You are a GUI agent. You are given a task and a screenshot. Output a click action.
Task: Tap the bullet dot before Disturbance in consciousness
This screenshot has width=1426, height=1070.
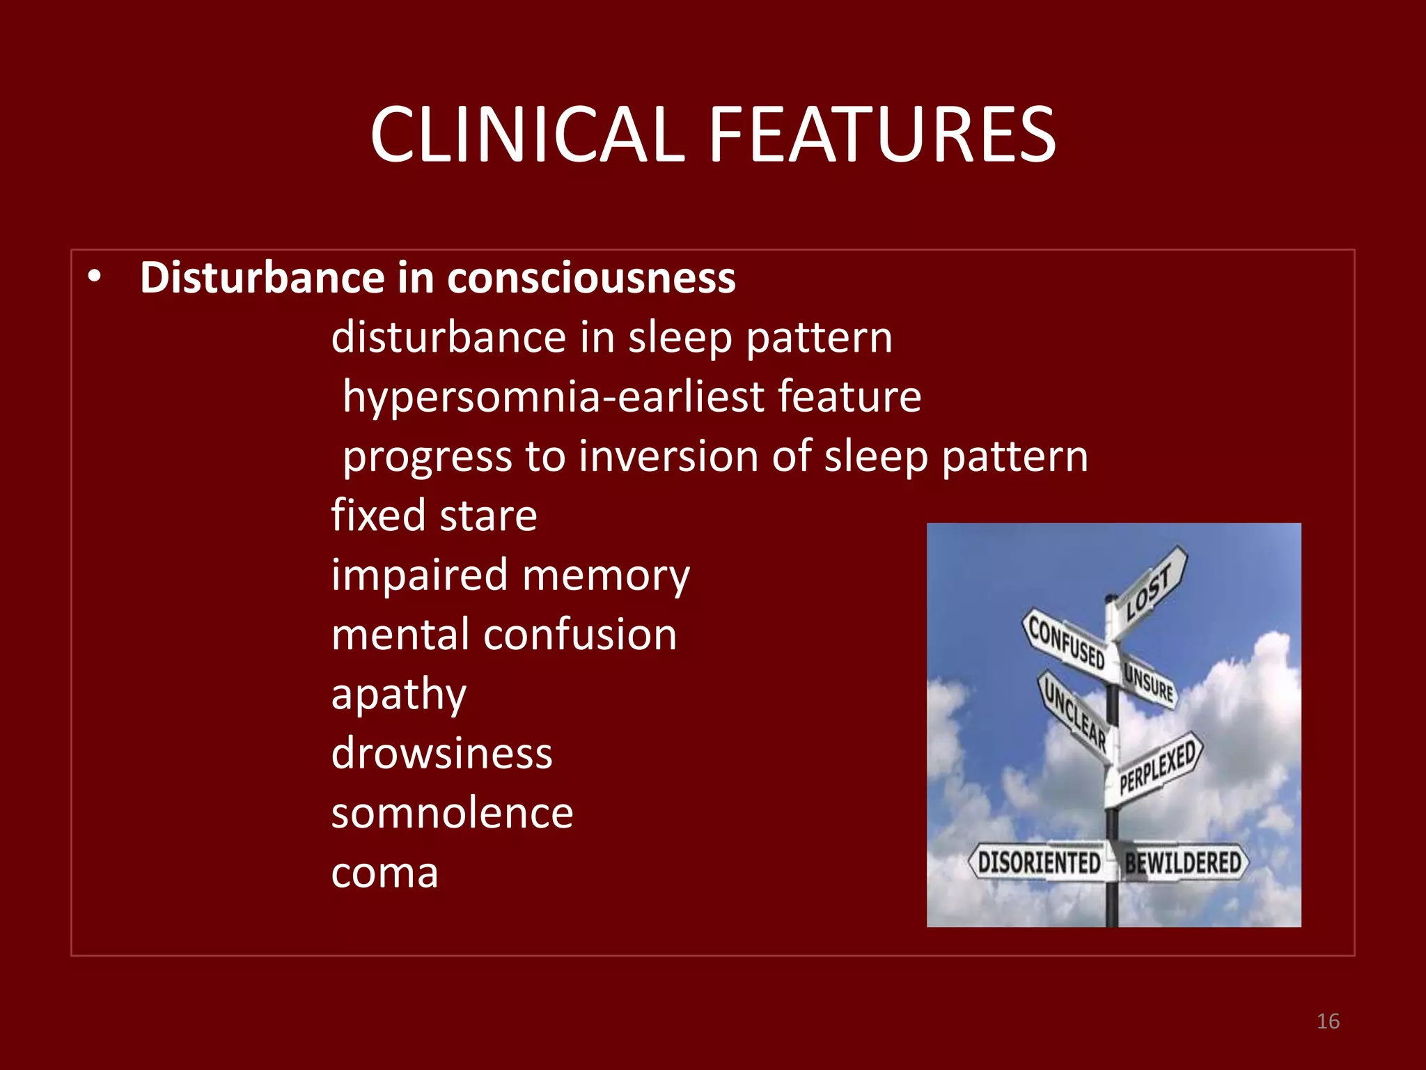coord(95,277)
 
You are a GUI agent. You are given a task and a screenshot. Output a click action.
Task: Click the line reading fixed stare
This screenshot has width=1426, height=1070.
coord(434,515)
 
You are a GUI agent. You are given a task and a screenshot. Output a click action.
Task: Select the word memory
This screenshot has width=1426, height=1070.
coord(606,575)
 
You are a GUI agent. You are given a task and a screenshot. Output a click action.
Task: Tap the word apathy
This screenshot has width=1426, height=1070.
coord(398,695)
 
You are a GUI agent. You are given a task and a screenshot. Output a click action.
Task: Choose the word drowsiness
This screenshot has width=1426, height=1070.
coord(441,754)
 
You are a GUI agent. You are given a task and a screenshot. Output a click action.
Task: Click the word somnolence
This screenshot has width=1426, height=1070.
coord(452,813)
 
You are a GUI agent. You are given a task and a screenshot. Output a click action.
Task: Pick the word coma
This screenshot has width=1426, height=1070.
coord(384,873)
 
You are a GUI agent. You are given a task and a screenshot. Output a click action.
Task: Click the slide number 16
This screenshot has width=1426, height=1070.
coord(1328,1021)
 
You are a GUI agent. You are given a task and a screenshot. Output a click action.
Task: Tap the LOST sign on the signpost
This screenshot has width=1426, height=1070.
coord(1150,591)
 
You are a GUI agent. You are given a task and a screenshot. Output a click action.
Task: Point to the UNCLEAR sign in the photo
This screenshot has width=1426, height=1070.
coord(1075,712)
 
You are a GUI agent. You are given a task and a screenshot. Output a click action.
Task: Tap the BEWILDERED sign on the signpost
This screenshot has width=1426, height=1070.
coord(1184,862)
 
